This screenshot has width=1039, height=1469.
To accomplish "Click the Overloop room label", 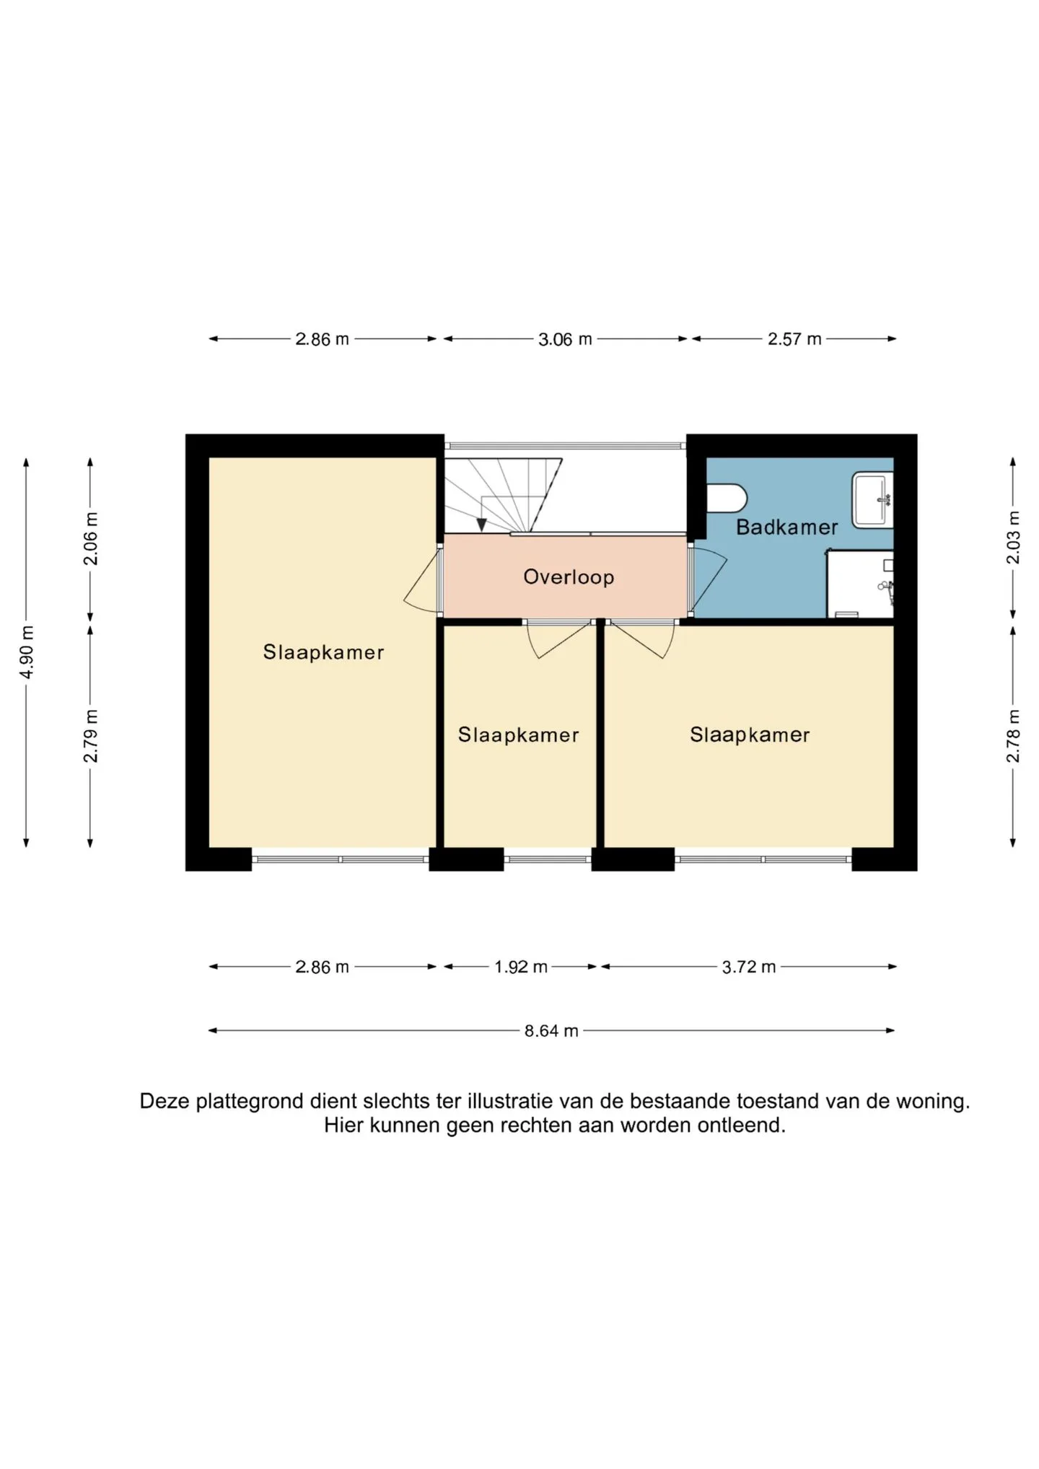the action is coord(569,577).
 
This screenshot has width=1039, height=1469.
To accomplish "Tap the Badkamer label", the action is coord(786,527).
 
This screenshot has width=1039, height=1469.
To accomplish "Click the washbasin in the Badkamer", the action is coord(872,499).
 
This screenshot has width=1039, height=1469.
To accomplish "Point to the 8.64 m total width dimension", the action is coord(551,1031).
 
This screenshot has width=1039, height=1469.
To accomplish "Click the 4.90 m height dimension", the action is coord(27,652).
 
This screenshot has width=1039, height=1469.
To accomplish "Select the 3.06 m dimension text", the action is coord(565,339).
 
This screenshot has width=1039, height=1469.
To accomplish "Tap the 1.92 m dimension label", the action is coord(520,967).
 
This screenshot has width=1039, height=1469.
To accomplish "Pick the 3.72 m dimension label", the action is coord(749,967).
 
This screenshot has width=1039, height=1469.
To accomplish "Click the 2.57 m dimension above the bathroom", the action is coord(794,339).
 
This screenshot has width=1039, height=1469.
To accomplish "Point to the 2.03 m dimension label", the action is coord(1013,538).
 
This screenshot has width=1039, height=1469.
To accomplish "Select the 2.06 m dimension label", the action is coord(91,539).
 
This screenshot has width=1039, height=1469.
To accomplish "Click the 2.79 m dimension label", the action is coord(91,736).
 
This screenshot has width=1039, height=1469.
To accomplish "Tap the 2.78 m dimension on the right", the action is coord(1013,736).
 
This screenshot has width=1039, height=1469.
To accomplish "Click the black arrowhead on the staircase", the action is coord(481,525).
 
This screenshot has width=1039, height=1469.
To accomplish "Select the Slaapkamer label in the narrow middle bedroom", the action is coord(518,735).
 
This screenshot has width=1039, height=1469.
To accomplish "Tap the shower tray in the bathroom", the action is coord(860,585).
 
